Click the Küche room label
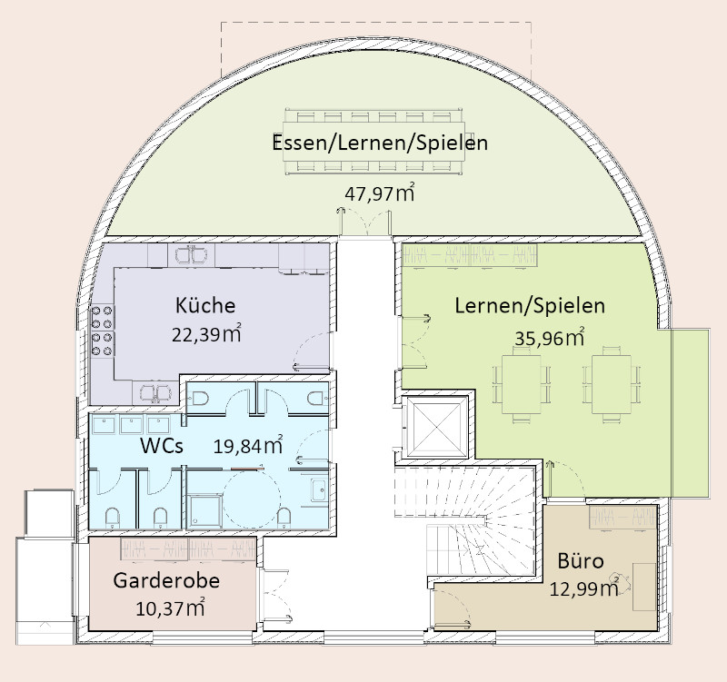coord(205,305)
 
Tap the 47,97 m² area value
coord(379,193)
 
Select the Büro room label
coord(581,561)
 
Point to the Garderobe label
coord(166,580)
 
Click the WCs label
coord(162,446)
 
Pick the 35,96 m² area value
coord(550,338)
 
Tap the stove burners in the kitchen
coord(102,331)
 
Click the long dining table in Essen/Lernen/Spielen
coord(373,142)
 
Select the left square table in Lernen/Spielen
coord(521,384)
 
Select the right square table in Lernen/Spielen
coord(611,384)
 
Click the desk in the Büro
coord(644,587)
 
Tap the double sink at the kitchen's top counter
coord(191,254)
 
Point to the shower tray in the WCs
coord(204,511)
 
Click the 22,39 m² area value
coord(206,334)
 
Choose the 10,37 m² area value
coord(170,608)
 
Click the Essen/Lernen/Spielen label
coord(380,143)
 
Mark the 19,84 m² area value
coord(248,445)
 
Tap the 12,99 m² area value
coord(584,588)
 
